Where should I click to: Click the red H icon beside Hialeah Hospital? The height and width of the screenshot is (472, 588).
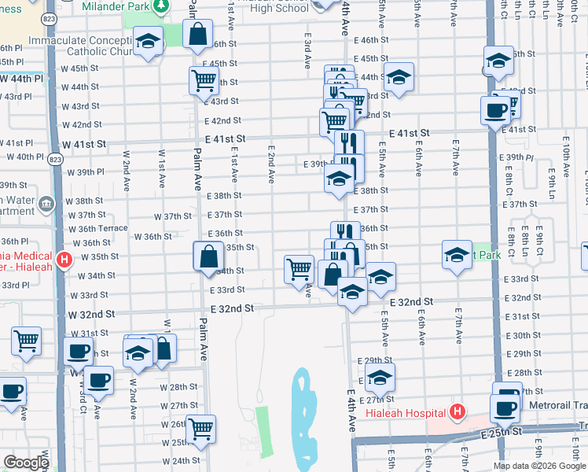tap(455, 412)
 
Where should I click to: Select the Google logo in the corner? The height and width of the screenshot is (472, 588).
tap(26, 463)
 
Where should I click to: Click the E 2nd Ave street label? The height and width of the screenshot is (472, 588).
tap(271, 164)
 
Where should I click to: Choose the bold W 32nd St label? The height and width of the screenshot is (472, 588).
tap(91, 313)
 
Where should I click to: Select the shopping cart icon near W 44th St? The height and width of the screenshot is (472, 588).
tap(204, 79)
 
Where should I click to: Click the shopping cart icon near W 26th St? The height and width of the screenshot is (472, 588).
tap(201, 429)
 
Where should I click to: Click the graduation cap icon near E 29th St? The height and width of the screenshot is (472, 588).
tap(380, 377)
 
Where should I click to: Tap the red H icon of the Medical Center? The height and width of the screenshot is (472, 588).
tap(65, 257)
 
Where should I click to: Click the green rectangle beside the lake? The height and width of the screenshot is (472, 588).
tap(263, 433)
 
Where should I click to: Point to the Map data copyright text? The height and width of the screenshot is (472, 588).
tap(539, 465)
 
